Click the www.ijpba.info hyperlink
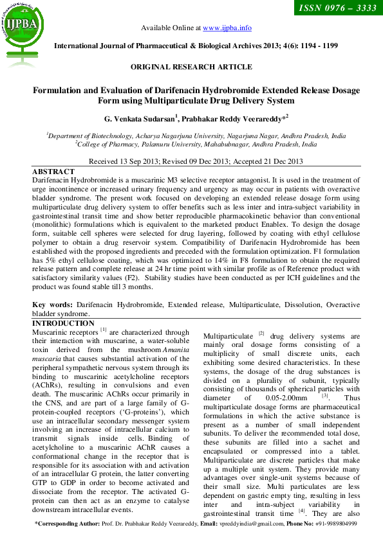tap(227, 28)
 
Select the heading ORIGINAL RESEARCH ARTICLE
tap(191, 67)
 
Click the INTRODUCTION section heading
tap(64, 323)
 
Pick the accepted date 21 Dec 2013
tap(281, 161)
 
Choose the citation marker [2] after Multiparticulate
tap(261, 333)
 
